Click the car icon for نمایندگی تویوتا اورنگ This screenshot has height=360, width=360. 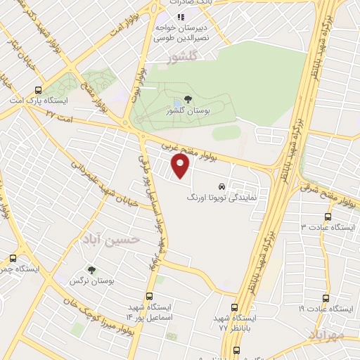pos(222,187)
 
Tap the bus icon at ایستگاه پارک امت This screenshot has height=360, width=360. pos(38,89)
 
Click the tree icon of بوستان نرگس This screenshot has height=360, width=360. pos(91,269)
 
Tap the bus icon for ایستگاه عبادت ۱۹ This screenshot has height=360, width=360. pos(325,297)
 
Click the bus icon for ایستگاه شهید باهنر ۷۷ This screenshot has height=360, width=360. pos(235,307)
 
